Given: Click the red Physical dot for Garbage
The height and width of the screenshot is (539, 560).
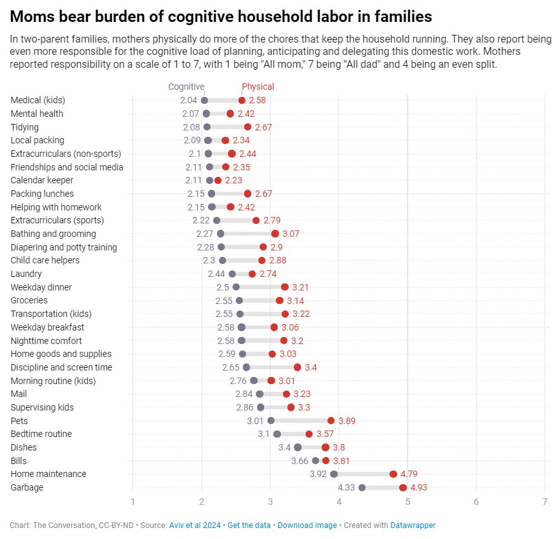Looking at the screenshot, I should tap(403, 487).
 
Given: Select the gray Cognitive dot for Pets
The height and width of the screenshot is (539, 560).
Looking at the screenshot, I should tap(271, 421).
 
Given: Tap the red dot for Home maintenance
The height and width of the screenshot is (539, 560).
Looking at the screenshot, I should tap(393, 474).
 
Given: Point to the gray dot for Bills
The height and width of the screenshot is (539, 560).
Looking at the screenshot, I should tap(316, 460).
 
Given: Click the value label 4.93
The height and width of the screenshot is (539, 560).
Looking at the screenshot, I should tap(419, 487).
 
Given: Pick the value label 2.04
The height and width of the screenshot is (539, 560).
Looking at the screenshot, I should tap(189, 100).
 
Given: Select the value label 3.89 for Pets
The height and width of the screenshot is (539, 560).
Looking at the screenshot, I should tap(347, 421).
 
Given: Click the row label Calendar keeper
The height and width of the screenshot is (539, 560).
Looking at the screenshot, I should tap(42, 180).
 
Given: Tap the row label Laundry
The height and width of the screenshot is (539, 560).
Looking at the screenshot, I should tap(26, 274).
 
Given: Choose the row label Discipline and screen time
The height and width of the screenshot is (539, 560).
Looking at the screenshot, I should tap(61, 367).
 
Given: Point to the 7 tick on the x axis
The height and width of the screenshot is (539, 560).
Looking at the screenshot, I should tap(544, 502).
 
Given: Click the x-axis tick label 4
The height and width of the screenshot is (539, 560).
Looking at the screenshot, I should tap(338, 502).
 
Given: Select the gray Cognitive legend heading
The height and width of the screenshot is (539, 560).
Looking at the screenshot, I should tap(186, 86).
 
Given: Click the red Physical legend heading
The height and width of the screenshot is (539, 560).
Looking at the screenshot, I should tap(258, 86).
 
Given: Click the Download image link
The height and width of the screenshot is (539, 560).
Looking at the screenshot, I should tap(307, 525).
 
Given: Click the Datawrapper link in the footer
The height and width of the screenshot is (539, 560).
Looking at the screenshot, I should tap(413, 525).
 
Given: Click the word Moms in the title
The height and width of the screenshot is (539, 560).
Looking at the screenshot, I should tap(30, 15).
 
